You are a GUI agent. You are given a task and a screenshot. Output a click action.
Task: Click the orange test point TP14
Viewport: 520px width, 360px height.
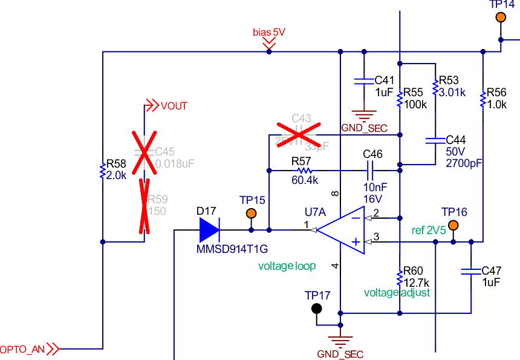click(x=501, y=17)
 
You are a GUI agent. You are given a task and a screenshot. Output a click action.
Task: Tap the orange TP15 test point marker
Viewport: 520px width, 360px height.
click(x=251, y=214)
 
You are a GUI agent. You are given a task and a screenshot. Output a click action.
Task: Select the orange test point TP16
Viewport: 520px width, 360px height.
click(x=453, y=226)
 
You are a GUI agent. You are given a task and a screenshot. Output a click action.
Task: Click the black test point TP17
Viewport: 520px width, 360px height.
click(x=316, y=309)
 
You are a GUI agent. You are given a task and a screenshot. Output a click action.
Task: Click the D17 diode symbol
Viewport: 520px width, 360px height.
click(x=209, y=230)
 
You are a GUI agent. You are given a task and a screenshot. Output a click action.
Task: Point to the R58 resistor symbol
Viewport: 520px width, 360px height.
click(x=103, y=171)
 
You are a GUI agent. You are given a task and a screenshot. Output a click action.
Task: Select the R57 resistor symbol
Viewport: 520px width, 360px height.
click(x=301, y=171)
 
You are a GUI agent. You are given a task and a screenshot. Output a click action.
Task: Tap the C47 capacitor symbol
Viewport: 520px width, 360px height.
click(x=470, y=271)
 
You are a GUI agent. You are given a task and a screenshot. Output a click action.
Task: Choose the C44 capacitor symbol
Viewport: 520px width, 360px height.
click(x=435, y=140)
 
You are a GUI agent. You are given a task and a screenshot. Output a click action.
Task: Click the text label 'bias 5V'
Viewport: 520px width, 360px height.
click(x=268, y=32)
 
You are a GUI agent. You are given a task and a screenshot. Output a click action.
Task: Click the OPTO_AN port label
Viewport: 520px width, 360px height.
click(x=22, y=349)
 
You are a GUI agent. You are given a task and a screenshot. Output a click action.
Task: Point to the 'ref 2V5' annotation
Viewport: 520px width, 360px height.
click(x=429, y=230)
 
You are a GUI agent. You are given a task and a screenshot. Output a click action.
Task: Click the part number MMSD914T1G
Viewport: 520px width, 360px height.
click(x=232, y=249)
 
